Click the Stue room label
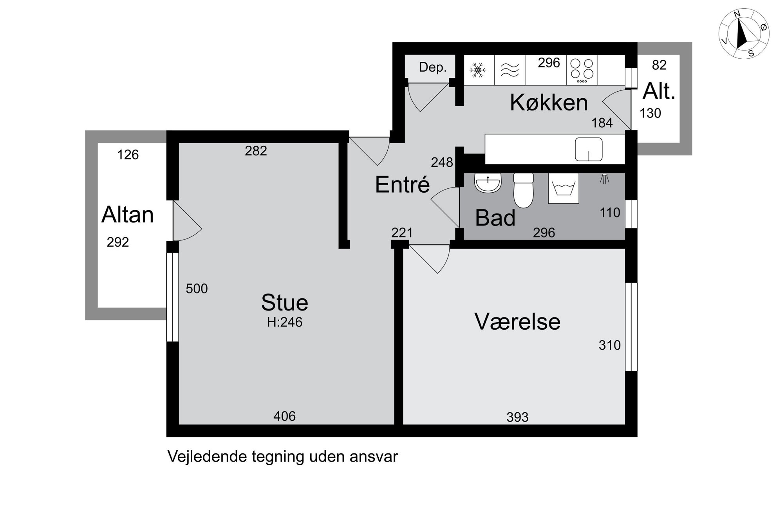pos(285,302)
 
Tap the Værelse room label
pos(517,321)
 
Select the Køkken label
pos(549,103)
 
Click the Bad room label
pos(495,218)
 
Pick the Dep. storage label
pos(433,67)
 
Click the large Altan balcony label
pos(128,215)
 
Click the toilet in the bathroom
pos(524,190)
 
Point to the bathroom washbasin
pos(488,183)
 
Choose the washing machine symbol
pos(564,188)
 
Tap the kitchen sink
pos(589,149)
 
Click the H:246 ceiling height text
pos(285,322)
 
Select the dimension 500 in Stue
pos(197,289)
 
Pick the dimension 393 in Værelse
pos(517,417)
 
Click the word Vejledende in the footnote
pos(207,457)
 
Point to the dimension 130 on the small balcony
pos(650,113)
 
